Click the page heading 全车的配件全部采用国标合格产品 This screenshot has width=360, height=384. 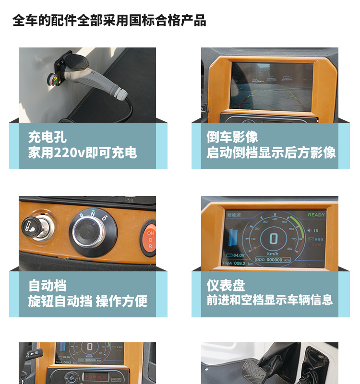(109, 21)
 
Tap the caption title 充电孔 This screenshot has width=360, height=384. (47, 137)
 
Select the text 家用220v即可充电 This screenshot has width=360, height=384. (83, 153)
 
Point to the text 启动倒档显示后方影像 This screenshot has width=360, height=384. (271, 153)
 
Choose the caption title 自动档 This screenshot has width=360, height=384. (47, 286)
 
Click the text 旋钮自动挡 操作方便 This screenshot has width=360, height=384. (87, 301)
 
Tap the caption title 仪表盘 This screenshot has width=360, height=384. (226, 286)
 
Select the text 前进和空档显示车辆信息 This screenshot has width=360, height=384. (269, 301)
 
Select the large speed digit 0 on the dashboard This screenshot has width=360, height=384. (273, 239)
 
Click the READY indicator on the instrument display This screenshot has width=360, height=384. (316, 215)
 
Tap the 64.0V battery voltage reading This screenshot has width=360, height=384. (240, 256)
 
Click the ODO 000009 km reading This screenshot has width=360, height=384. (273, 259)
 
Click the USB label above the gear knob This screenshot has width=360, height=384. (129, 200)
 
